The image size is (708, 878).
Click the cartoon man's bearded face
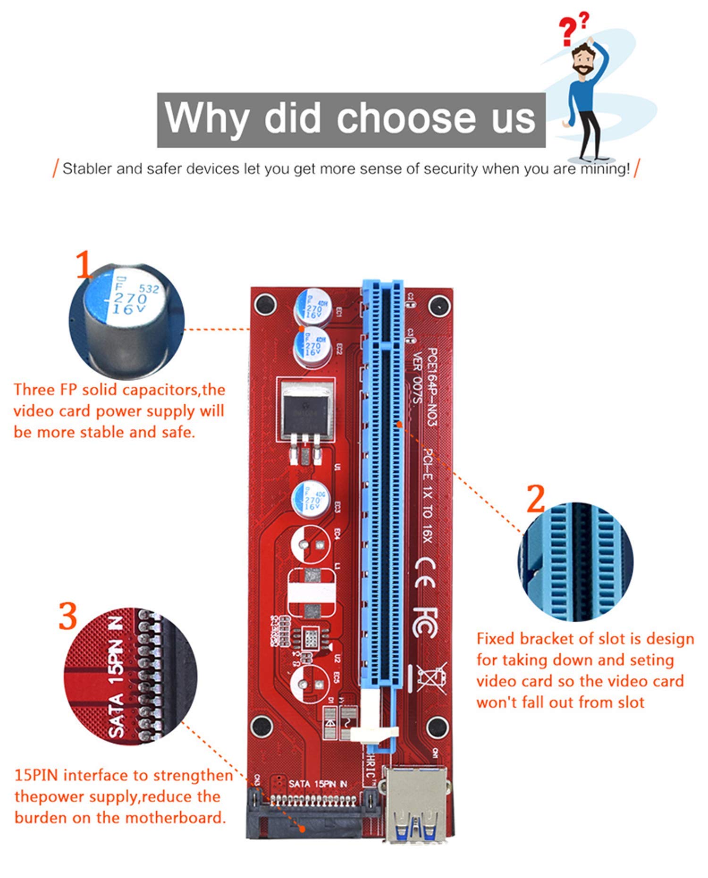pyautogui.click(x=583, y=60)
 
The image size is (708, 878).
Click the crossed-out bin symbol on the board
pyautogui.click(x=430, y=678)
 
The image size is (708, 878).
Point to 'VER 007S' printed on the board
pyautogui.click(x=416, y=377)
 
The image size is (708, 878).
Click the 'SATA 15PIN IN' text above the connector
pyautogui.click(x=317, y=784)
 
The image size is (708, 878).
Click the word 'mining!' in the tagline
pyautogui.click(x=605, y=169)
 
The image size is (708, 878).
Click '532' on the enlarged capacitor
pyautogui.click(x=149, y=288)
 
